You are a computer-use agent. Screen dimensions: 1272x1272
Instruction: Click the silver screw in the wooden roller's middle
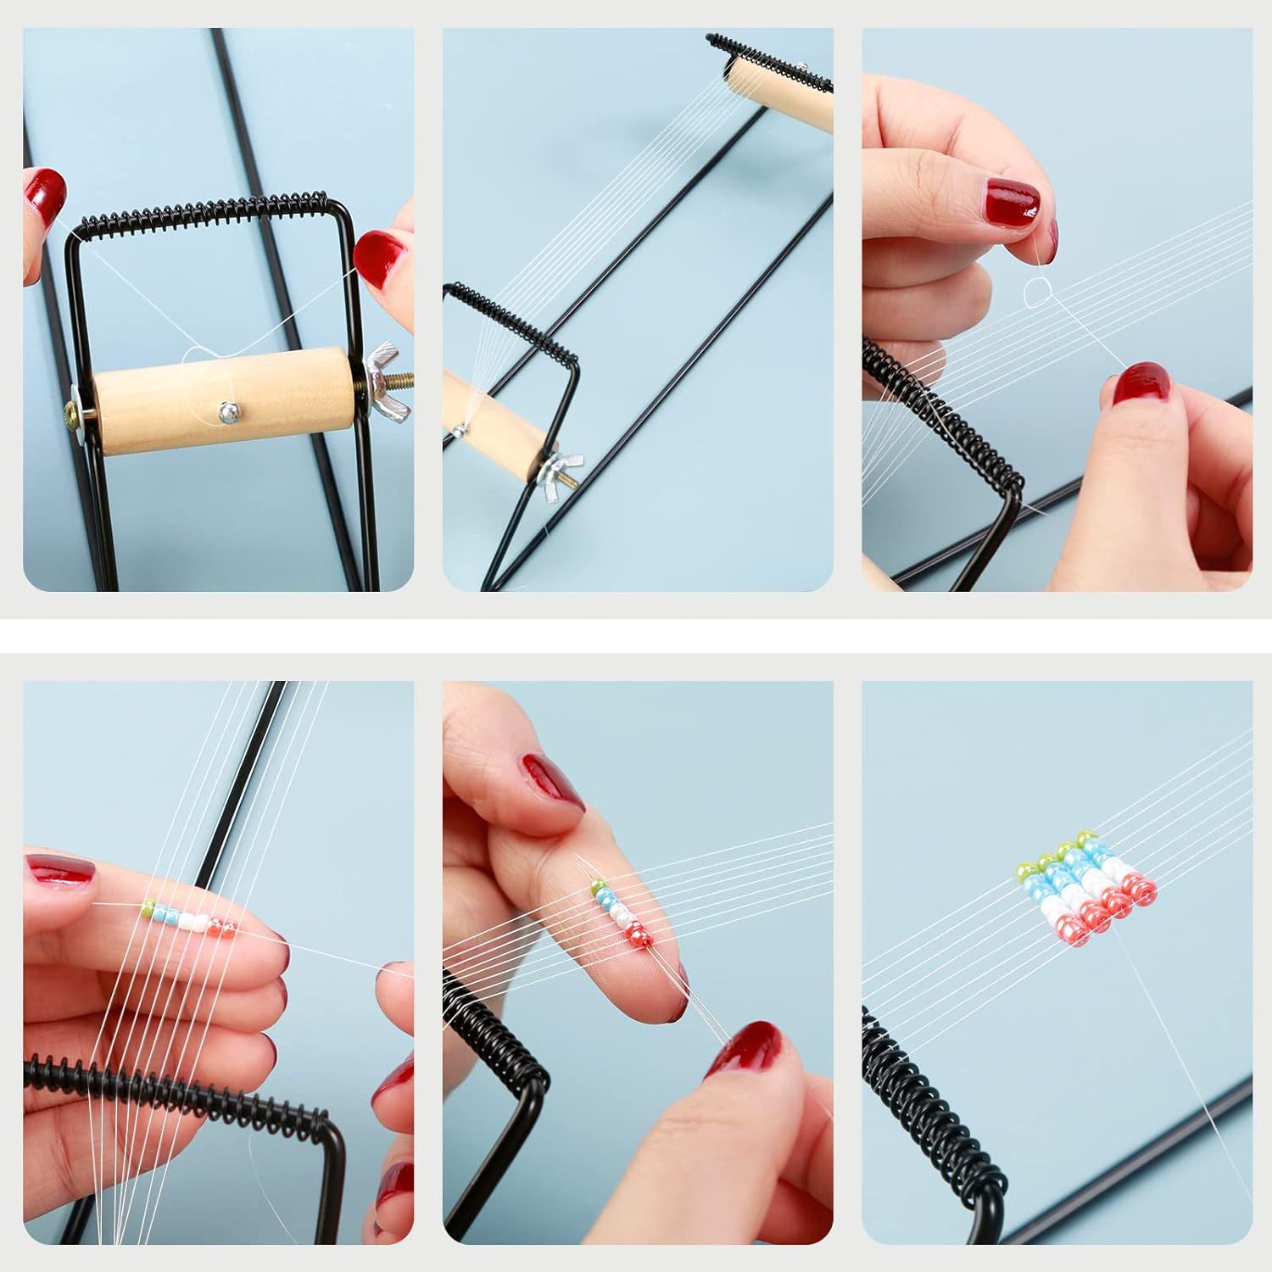click(226, 410)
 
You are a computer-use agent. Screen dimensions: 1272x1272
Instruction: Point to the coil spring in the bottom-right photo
click(933, 1102)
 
